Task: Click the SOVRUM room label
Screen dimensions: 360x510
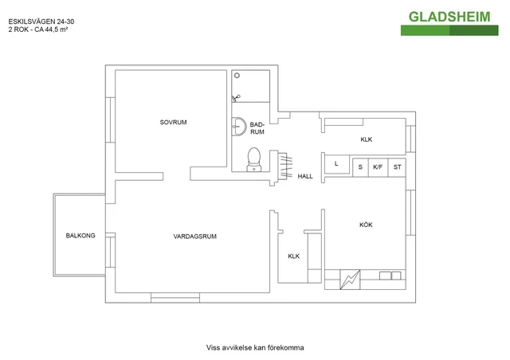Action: (x=173, y=122)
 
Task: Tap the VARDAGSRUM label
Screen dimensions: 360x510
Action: (x=195, y=237)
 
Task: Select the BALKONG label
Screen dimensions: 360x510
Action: (x=80, y=236)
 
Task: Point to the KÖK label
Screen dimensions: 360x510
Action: (x=366, y=225)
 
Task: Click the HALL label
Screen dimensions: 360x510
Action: (x=305, y=177)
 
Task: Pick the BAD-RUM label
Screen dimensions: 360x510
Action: (x=257, y=128)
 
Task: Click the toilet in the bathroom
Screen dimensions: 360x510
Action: (x=255, y=158)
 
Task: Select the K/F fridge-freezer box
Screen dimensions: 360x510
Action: (x=378, y=166)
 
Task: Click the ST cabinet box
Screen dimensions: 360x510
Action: (x=397, y=166)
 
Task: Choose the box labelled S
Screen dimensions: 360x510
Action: (x=360, y=166)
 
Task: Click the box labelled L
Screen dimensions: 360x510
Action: (x=337, y=164)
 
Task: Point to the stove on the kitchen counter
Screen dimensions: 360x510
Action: (x=349, y=280)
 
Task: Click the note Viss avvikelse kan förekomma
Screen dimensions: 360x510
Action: (x=255, y=347)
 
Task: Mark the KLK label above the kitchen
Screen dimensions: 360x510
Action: (x=366, y=139)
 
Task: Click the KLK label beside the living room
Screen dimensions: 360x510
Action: (x=293, y=256)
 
